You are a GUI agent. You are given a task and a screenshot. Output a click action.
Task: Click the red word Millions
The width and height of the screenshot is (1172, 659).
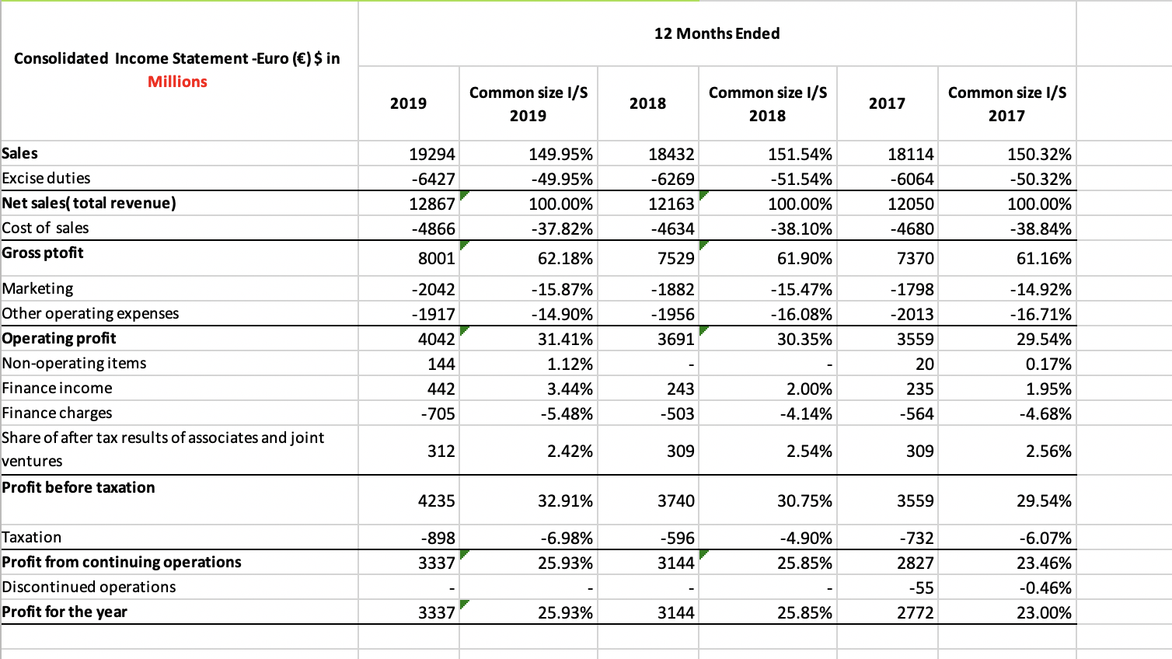coord(177,82)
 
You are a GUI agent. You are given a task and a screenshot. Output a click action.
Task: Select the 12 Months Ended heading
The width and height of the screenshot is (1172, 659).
coord(717,33)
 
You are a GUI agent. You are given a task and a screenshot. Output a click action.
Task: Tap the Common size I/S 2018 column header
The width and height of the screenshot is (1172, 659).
coord(767,103)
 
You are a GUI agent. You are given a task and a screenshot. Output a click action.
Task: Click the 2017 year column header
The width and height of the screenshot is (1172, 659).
coord(887,103)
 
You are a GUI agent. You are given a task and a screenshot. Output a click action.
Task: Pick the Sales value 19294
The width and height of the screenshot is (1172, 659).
coord(432,155)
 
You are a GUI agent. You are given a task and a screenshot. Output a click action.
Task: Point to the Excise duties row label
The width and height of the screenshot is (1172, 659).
coord(47,178)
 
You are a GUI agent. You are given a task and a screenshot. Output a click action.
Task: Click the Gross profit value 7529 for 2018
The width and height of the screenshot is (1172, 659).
coord(675,258)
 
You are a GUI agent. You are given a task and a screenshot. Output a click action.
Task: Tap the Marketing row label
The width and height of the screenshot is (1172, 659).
coord(38,288)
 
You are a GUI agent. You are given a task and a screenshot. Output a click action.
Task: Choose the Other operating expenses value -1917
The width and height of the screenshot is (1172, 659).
coord(434,314)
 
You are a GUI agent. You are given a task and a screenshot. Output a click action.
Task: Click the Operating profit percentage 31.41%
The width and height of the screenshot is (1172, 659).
coord(565,339)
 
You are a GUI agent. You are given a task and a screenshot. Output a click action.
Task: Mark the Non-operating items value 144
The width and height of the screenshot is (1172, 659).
coord(441,364)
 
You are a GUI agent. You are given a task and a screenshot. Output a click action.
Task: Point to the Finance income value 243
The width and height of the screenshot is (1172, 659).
coord(680,389)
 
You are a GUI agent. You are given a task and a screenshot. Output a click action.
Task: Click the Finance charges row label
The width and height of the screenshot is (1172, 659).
coord(58,413)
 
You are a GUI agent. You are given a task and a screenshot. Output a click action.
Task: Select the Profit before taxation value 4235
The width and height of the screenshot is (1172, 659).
coord(436,500)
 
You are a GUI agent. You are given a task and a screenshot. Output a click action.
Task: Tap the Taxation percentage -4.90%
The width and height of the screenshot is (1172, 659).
coord(805,538)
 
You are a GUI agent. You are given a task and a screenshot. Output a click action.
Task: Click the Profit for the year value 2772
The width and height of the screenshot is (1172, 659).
coord(915,612)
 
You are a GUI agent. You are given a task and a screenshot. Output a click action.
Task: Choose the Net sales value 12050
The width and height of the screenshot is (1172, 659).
coord(911,204)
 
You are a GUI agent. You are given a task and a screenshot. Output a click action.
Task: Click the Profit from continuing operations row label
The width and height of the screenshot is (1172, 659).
coord(122,562)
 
